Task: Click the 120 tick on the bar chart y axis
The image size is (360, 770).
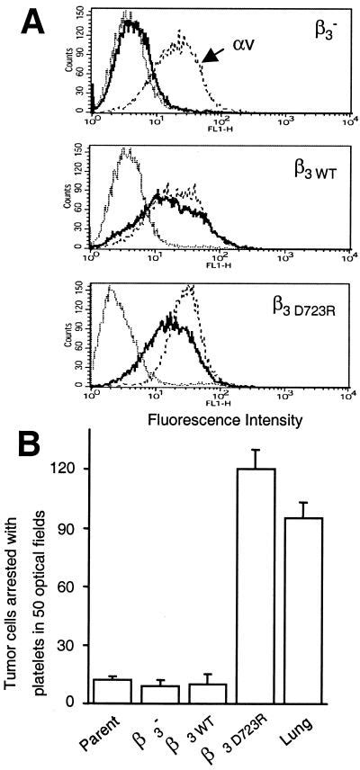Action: click(90, 469)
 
